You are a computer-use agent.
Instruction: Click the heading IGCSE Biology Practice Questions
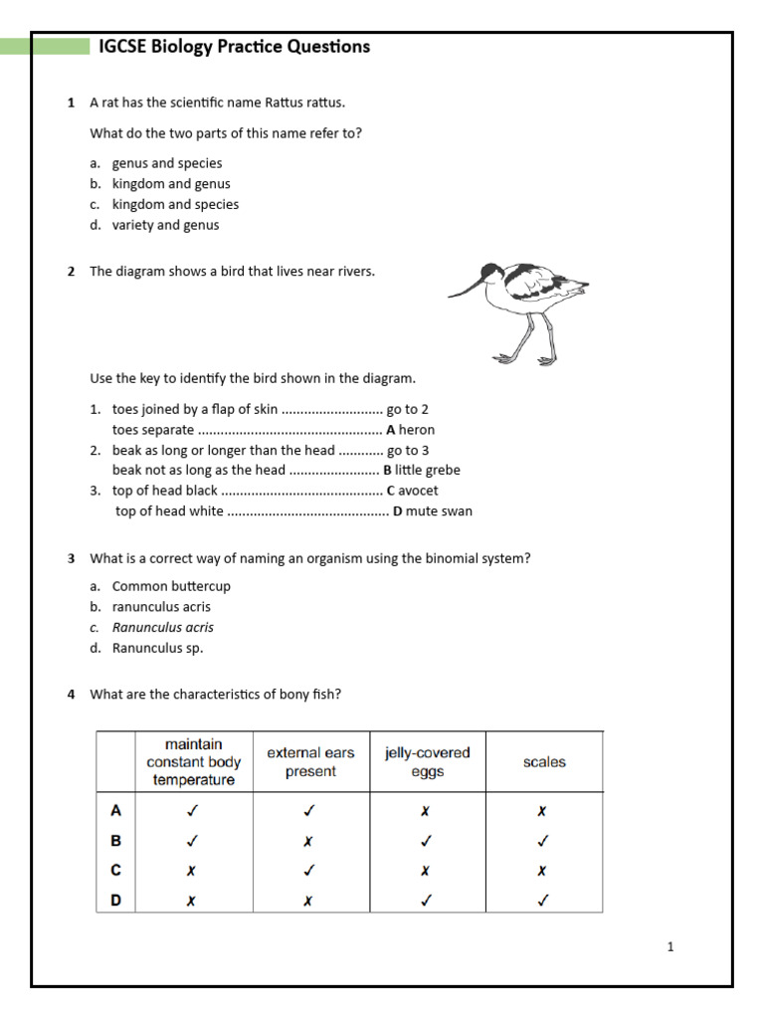[234, 47]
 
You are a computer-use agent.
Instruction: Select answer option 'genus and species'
[166, 163]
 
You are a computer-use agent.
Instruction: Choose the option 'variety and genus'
[165, 225]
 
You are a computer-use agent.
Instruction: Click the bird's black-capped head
[491, 272]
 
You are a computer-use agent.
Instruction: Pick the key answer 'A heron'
[410, 430]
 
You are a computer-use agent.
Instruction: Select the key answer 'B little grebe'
[421, 471]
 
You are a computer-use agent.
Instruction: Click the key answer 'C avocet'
[412, 491]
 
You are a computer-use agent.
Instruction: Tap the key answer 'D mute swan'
[433, 511]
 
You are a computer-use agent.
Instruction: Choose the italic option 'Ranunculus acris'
[162, 628]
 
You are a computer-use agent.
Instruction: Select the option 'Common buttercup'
[170, 586]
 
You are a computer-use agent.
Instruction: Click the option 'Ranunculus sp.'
[157, 649]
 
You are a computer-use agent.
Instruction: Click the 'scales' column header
[543, 762]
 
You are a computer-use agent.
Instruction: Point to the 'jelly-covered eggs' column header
[427, 762]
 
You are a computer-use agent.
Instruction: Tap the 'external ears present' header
[310, 762]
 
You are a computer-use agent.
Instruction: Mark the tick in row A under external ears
[309, 811]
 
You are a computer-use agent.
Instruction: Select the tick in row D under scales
[543, 901]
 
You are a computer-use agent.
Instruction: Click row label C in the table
[115, 871]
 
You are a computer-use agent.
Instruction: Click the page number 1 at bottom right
[670, 947]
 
